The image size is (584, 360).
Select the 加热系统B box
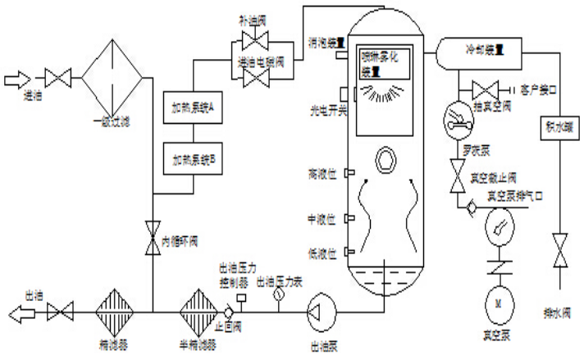[194, 155]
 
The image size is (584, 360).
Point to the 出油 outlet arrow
[18, 311]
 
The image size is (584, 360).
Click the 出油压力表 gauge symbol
[278, 293]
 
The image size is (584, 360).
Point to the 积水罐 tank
[559, 128]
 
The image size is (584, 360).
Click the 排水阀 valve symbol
[559, 249]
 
